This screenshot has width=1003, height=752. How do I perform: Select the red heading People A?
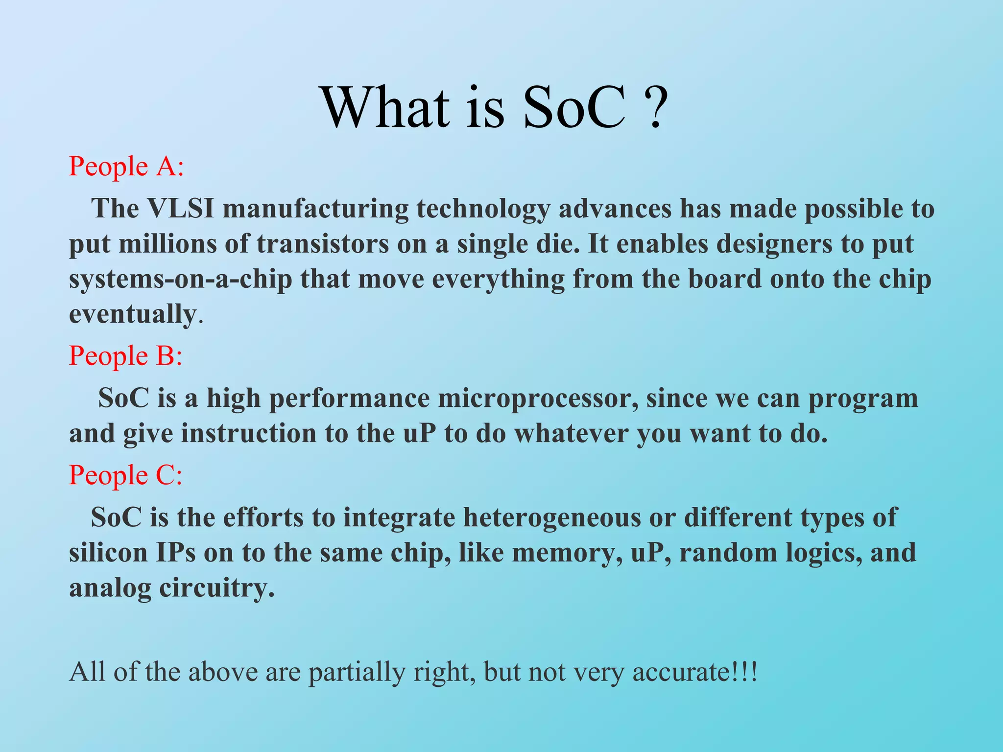(126, 166)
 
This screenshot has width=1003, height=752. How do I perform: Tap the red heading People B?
(125, 355)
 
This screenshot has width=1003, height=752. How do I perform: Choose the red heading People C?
(125, 475)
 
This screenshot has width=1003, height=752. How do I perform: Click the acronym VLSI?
(181, 209)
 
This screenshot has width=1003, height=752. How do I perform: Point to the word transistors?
(322, 244)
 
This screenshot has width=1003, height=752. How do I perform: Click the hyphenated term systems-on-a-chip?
(180, 279)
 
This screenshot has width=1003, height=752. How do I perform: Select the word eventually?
(132, 314)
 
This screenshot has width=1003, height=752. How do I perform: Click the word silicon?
(108, 553)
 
